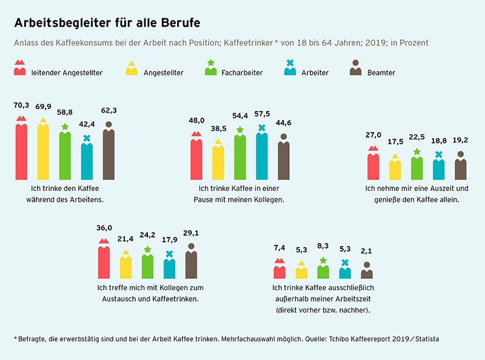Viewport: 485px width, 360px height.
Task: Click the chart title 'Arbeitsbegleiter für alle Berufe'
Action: tap(107, 23)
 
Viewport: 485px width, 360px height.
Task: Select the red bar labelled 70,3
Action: tap(21, 152)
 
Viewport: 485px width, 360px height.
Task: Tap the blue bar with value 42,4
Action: tap(87, 161)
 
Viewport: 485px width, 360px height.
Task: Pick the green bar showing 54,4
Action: tap(239, 157)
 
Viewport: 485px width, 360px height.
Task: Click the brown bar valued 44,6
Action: tap(283, 161)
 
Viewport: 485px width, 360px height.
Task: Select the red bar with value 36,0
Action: tap(104, 261)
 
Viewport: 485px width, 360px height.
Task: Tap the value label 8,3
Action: tap(323, 247)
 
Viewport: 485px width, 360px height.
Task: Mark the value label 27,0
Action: tap(372, 135)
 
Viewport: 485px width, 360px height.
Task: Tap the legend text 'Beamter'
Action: tap(381, 73)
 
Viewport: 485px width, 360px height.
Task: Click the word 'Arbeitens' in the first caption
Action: tap(87, 199)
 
